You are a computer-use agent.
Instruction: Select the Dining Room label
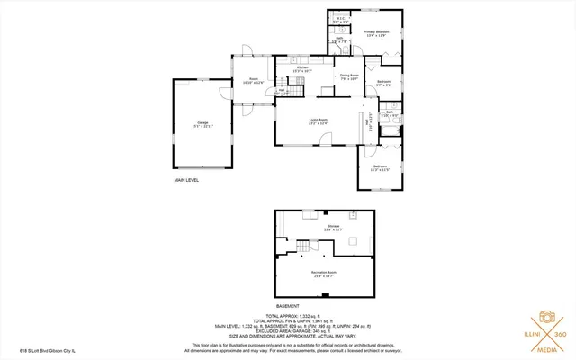click(x=349, y=76)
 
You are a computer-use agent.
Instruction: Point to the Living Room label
click(x=318, y=121)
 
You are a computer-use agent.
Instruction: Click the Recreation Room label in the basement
click(x=324, y=274)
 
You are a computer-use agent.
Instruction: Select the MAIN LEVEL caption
click(x=186, y=180)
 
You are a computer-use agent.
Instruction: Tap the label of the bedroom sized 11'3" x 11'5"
click(x=381, y=167)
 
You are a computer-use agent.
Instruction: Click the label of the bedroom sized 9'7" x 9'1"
click(x=383, y=84)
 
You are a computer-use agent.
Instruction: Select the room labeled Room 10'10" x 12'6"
click(x=253, y=80)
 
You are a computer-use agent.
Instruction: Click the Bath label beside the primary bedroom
click(x=339, y=40)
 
